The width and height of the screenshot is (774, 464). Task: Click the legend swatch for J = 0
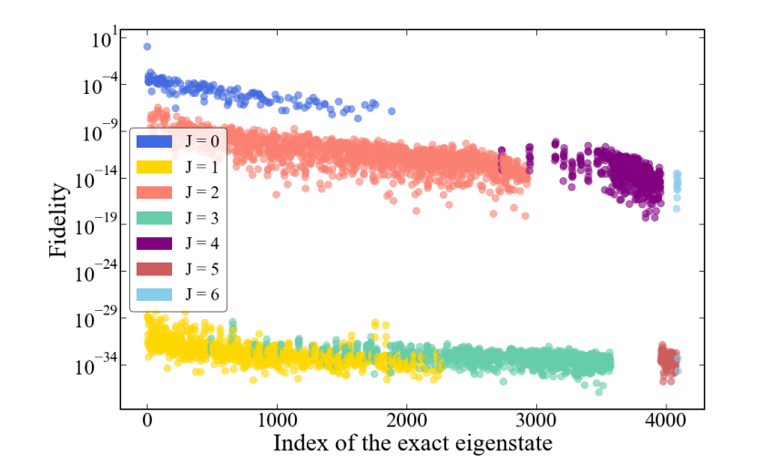156,141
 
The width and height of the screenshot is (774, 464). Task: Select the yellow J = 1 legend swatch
156,167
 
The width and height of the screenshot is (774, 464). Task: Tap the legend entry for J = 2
156,192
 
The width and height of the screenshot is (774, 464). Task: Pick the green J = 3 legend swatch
156,218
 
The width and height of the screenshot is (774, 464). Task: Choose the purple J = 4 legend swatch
156,243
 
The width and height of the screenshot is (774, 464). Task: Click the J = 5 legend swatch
156,269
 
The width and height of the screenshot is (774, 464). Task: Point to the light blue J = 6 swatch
156,294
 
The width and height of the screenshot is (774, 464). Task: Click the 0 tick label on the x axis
148,424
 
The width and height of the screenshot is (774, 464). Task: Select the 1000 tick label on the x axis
277,424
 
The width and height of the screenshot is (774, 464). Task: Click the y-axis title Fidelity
59,220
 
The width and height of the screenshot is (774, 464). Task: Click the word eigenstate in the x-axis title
504,445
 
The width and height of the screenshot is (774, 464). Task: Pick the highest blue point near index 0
148,46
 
